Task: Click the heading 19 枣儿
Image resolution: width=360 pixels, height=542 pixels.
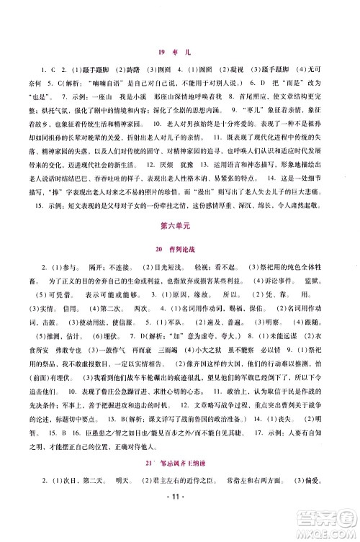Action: click(179, 50)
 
